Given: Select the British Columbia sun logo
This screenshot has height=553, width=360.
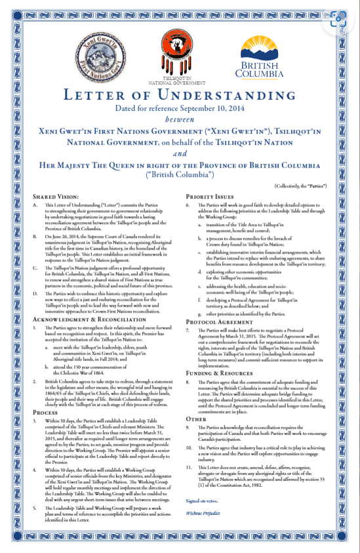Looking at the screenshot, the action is [269, 50].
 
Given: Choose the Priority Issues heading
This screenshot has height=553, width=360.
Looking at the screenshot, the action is [211, 196].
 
